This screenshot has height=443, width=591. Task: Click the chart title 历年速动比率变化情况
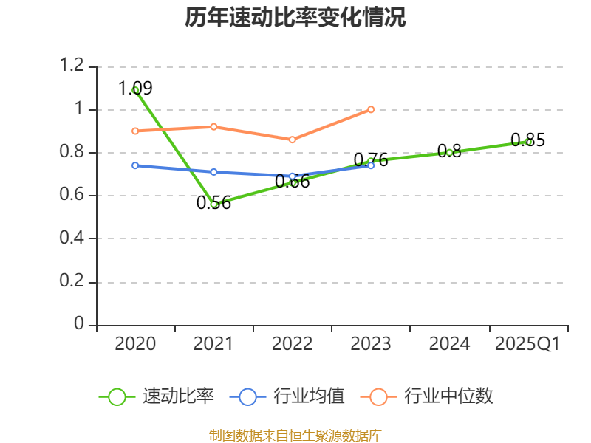(x=295, y=18)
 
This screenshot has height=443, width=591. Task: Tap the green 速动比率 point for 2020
(x=135, y=90)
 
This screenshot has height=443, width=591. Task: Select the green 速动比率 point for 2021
(x=213, y=204)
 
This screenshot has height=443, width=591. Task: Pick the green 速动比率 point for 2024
(x=449, y=152)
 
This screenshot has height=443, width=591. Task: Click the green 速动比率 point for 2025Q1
(x=528, y=142)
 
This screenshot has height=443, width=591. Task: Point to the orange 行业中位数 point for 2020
(x=135, y=131)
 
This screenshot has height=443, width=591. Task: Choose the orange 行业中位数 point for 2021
(x=213, y=126)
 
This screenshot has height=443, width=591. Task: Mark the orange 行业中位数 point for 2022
(x=293, y=140)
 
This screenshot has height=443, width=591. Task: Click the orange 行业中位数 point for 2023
(x=371, y=109)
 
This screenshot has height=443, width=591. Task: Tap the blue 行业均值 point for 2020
(x=135, y=165)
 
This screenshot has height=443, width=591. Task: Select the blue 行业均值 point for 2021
(x=213, y=172)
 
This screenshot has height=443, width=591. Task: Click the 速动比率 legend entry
(x=157, y=396)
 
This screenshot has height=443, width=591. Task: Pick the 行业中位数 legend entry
(x=427, y=396)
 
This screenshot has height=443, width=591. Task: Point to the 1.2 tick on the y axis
(x=73, y=66)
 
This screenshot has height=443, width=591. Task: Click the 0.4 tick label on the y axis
(x=73, y=238)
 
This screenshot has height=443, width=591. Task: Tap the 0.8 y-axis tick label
(x=73, y=153)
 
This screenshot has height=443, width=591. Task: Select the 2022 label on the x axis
(x=293, y=344)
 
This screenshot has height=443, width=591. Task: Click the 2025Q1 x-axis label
(x=527, y=344)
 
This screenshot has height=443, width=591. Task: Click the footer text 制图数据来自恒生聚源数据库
(x=295, y=435)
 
